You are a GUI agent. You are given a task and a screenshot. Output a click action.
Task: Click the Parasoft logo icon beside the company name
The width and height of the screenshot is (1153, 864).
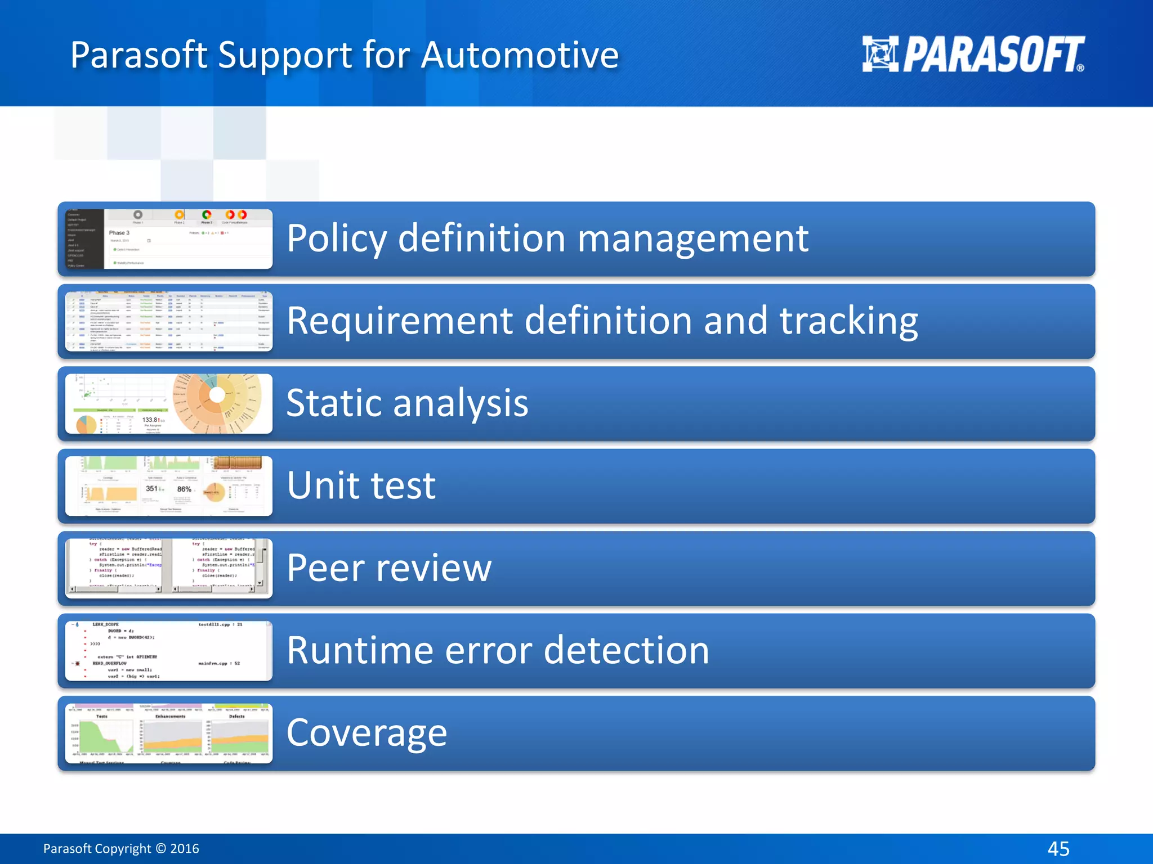click(x=880, y=54)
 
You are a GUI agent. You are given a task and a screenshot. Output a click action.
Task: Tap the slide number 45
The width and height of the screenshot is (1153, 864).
click(x=1058, y=848)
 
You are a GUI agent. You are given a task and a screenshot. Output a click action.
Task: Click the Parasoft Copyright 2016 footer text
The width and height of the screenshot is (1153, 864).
click(x=121, y=848)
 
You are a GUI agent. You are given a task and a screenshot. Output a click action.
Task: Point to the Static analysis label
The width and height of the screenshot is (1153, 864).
click(x=407, y=403)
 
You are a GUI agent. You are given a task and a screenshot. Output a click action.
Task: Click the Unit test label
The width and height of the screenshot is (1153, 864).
click(x=361, y=485)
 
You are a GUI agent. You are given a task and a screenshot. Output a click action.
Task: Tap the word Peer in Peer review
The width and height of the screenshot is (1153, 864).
click(x=325, y=568)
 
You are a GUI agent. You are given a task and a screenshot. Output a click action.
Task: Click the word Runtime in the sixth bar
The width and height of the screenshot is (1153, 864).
click(x=360, y=650)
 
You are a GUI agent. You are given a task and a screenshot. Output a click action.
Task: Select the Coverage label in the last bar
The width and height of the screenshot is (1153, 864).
click(x=367, y=733)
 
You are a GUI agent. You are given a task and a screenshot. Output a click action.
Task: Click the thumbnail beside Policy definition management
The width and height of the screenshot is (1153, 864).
click(x=168, y=239)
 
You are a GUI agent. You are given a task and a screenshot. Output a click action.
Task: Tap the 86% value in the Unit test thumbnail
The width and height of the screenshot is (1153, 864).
click(x=184, y=489)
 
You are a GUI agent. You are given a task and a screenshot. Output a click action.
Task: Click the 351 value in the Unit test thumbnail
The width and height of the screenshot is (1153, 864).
click(x=152, y=489)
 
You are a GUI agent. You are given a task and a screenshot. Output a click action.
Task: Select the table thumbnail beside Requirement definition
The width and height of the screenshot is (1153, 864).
click(x=168, y=321)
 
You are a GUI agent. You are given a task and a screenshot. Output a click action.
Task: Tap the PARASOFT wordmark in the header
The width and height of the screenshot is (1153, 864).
click(x=993, y=54)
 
